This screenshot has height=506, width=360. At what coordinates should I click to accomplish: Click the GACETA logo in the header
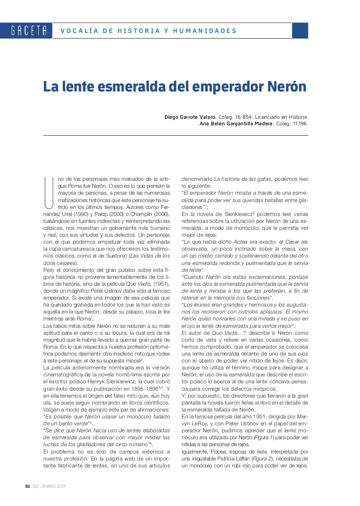[x=29, y=31]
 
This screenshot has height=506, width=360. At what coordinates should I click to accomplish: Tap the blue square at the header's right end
[x=300, y=31]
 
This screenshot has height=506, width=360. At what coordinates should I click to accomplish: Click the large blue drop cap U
[x=49, y=192]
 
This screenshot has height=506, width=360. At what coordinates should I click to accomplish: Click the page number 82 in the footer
[x=27, y=486]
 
